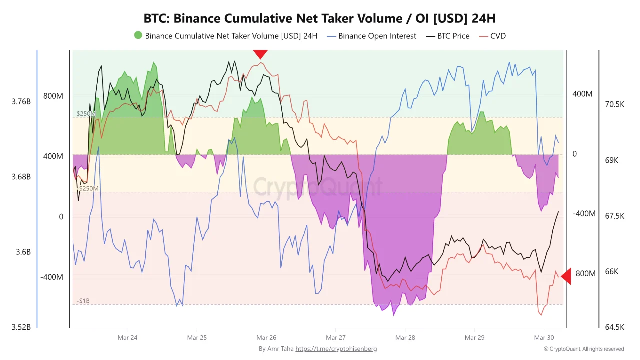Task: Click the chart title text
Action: click(x=320, y=19)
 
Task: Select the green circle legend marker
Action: click(x=138, y=35)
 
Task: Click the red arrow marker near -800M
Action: click(x=566, y=276)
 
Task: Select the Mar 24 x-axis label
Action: click(x=127, y=338)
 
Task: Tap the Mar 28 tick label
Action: click(x=405, y=338)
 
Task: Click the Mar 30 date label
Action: click(x=544, y=338)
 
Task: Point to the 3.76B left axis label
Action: click(x=21, y=102)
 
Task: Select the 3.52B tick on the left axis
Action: click(x=21, y=327)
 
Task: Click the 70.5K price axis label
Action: click(x=614, y=104)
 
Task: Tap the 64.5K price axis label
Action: click(x=614, y=327)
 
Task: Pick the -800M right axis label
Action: click(x=584, y=274)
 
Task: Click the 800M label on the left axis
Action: click(x=53, y=96)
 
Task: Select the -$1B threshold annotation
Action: click(x=83, y=301)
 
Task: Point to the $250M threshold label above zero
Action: click(x=86, y=114)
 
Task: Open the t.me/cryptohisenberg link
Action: click(x=336, y=349)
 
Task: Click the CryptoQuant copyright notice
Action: click(x=583, y=349)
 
